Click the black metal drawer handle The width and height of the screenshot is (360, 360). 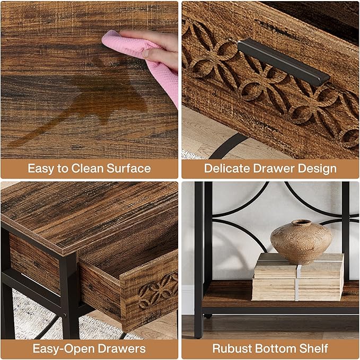pos(283,61)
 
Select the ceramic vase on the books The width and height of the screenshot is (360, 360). pos(301,242)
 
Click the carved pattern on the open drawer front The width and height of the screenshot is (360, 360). pos(157,291)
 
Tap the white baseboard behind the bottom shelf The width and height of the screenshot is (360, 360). pos(188,300)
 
